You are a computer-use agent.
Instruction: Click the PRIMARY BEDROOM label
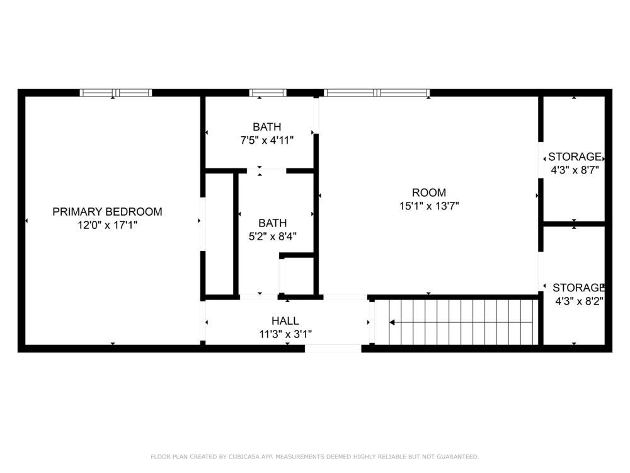(x=107, y=211)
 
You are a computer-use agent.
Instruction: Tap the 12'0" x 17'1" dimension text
(x=107, y=225)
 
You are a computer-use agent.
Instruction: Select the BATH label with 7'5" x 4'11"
(x=266, y=127)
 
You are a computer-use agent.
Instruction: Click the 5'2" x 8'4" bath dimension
(x=272, y=236)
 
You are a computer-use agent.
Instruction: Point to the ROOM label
(x=428, y=192)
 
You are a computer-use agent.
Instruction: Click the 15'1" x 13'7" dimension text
(x=428, y=206)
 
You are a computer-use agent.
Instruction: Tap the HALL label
(x=285, y=320)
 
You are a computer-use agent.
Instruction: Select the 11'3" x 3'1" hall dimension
(x=285, y=334)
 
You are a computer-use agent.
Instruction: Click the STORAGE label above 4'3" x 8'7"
(x=575, y=156)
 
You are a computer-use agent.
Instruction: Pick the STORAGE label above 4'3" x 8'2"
(x=578, y=288)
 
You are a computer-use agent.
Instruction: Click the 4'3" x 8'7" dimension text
(x=575, y=170)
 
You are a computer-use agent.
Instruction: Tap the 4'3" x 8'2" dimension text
(x=579, y=301)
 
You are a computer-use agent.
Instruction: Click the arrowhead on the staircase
(x=392, y=322)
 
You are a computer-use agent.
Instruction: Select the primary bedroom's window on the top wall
(x=116, y=93)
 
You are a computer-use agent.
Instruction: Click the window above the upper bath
(x=268, y=93)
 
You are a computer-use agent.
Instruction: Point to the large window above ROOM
(x=377, y=93)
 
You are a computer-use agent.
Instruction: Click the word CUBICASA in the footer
(x=244, y=457)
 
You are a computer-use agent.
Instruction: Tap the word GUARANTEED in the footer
(x=457, y=457)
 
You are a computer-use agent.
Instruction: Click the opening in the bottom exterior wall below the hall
(x=333, y=348)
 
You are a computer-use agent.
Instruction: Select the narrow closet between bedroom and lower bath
(x=219, y=234)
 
